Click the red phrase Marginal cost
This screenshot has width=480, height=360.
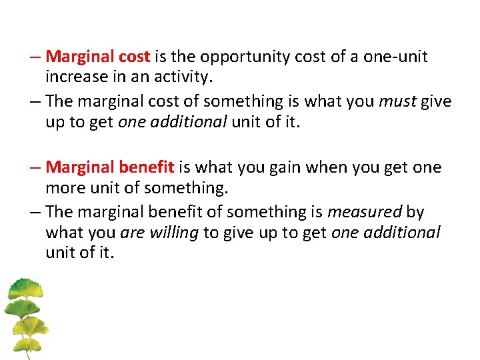(x=98, y=57)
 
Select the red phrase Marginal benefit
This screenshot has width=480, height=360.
(x=110, y=167)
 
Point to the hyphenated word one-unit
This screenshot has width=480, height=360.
(x=395, y=57)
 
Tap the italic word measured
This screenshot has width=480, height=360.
(x=365, y=212)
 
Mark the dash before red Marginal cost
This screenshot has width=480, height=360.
(x=37, y=57)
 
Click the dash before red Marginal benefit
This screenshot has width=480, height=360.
(x=37, y=167)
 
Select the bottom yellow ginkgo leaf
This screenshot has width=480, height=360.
(x=27, y=346)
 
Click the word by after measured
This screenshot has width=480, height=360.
(x=415, y=212)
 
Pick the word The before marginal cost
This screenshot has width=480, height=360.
(x=61, y=101)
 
